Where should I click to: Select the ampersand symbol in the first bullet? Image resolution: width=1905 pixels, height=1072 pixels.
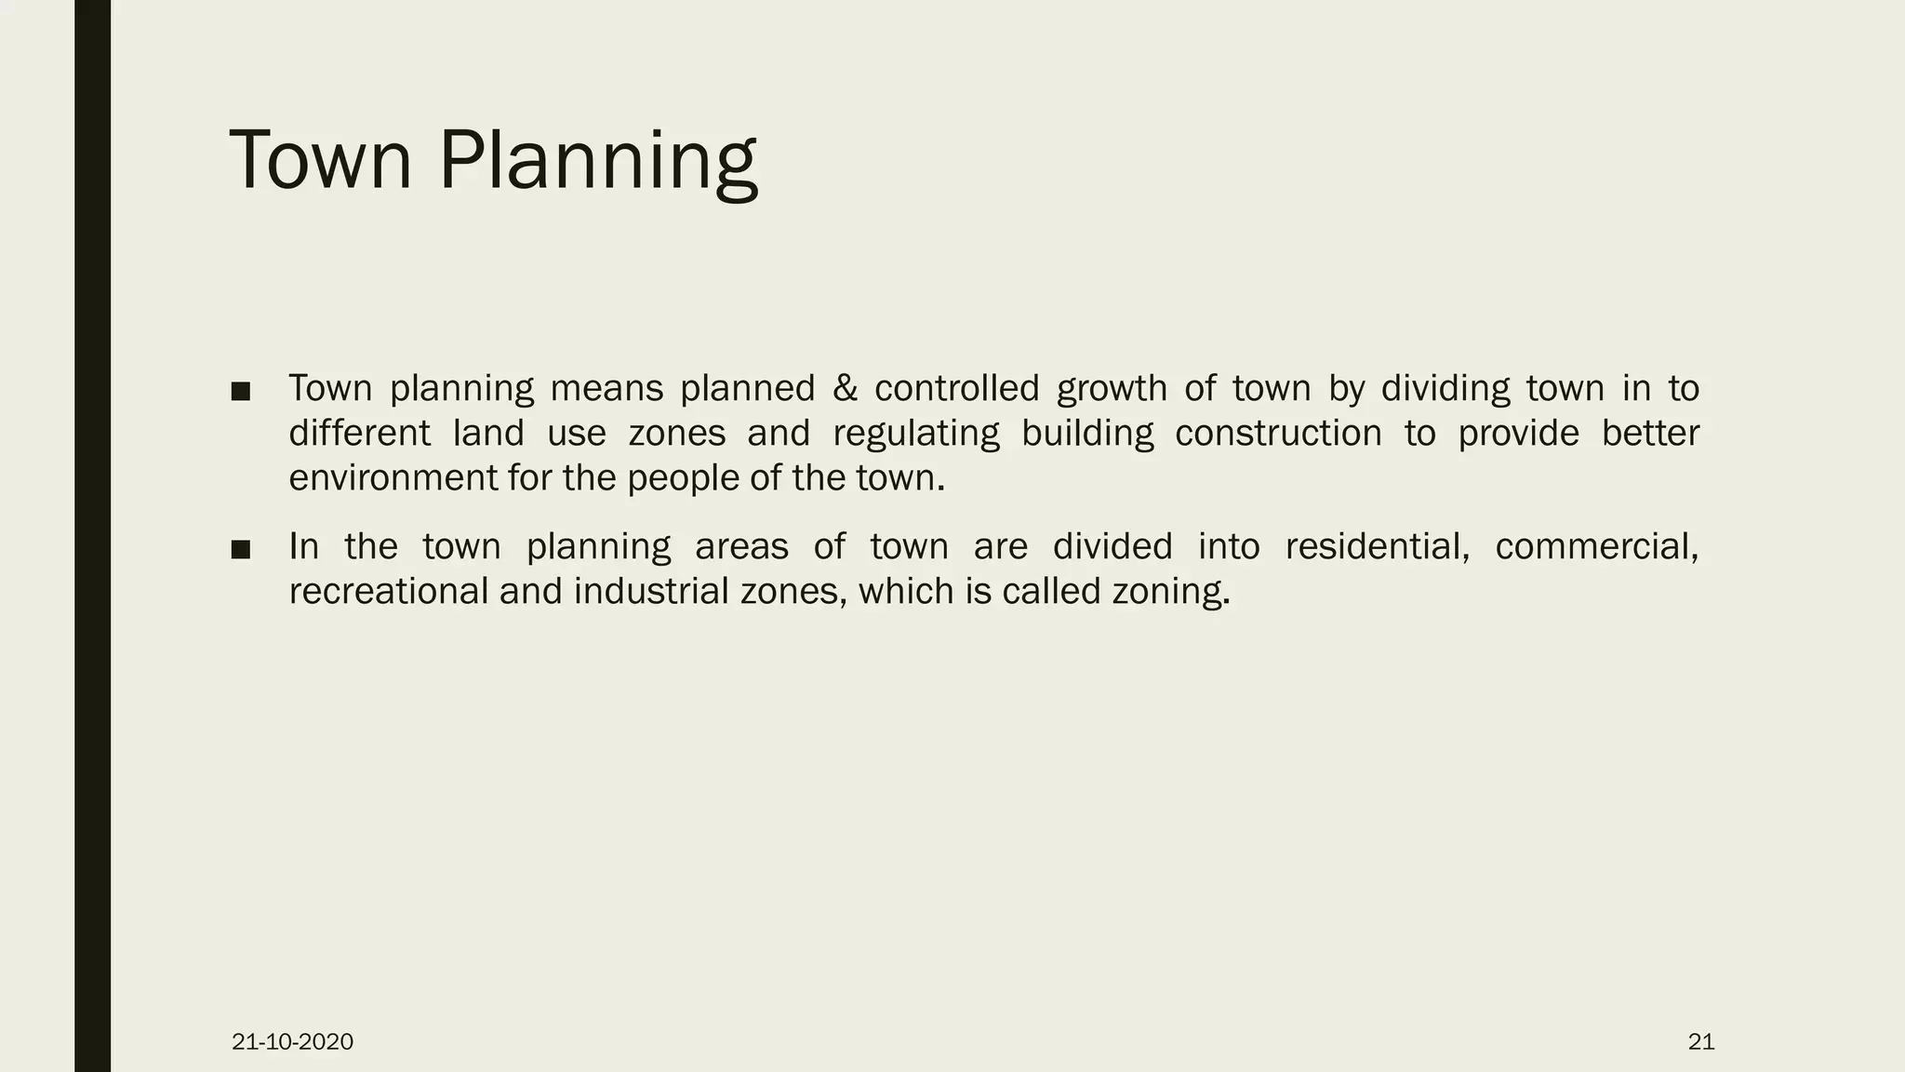pos(845,389)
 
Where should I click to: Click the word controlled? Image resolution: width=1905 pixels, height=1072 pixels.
pos(956,389)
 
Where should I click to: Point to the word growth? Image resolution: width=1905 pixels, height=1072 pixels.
pos(1112,389)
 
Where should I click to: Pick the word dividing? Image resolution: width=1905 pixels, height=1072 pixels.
pos(1445,389)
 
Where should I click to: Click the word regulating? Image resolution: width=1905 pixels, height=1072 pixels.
pos(915,434)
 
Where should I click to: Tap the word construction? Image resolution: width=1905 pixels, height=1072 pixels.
pos(1278,434)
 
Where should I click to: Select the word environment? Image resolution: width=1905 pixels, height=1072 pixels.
pos(393,478)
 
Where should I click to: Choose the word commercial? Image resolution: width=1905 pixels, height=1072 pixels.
pos(1596,546)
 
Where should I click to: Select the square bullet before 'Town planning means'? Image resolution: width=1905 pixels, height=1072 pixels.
pos(241,392)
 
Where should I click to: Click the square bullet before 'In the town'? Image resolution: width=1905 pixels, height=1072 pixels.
pos(241,549)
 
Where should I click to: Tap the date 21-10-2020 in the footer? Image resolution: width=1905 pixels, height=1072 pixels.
pos(292,1041)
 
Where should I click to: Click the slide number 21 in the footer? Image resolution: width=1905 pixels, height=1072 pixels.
pos(1700,1041)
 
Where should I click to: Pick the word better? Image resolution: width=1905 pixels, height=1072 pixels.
pos(1650,434)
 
